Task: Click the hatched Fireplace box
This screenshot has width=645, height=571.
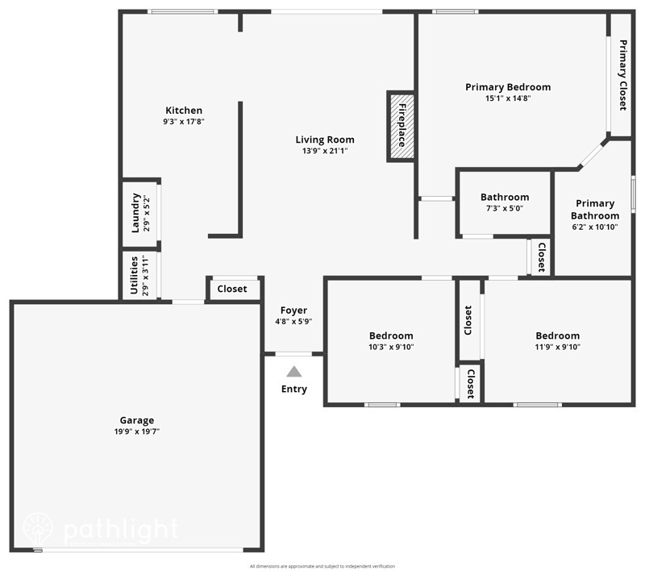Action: point(401,127)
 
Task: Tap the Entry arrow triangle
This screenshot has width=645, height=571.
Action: point(294,372)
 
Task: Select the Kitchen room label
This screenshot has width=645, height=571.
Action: point(184,110)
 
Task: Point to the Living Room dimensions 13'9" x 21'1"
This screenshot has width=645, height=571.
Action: point(325,151)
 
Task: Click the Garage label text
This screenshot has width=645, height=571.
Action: point(136,420)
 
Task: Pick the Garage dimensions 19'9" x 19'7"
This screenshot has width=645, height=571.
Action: point(136,431)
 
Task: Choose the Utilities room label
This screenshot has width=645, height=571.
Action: point(135,276)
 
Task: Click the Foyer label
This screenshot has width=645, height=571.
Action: point(293,311)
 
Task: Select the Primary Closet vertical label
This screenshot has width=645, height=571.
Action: point(622,75)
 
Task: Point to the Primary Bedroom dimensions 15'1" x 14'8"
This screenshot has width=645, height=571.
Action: point(508,98)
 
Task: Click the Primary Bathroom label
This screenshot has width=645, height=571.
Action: point(595,210)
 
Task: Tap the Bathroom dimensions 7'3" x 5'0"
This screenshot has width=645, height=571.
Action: point(505,208)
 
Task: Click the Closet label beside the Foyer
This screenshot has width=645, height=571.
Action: point(232,289)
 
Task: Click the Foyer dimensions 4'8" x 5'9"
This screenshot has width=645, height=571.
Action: point(293,321)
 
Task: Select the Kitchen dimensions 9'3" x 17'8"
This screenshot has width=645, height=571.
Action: point(184,122)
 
